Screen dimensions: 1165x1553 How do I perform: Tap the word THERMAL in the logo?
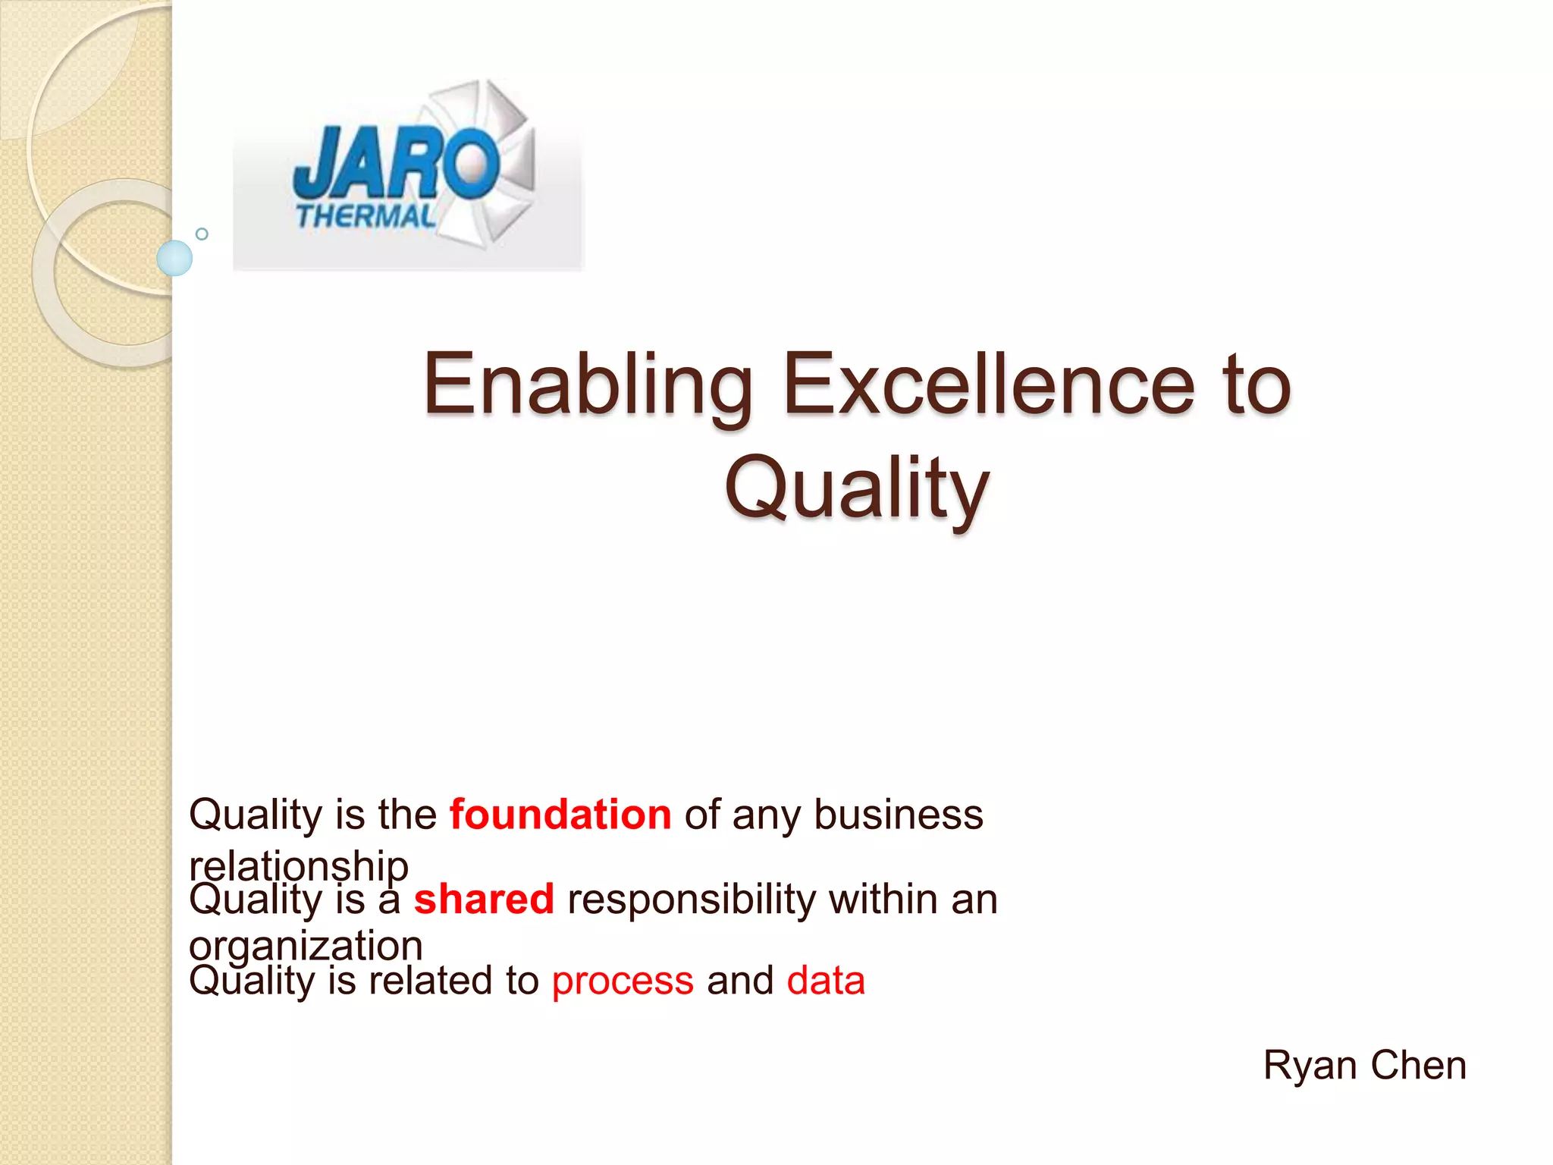point(366,217)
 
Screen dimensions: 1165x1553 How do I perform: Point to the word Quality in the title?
point(857,488)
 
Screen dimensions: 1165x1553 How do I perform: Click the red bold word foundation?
point(560,815)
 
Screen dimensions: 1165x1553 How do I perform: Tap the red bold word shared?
point(484,900)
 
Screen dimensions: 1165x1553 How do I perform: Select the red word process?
point(623,981)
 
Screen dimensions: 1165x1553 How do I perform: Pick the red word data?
point(826,981)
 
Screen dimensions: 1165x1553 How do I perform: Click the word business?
point(899,815)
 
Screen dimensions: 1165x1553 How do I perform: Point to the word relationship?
point(299,865)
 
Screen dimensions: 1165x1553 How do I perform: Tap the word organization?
point(306,946)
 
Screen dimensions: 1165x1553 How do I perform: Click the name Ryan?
point(1310,1066)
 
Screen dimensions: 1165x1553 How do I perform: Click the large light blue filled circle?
point(174,258)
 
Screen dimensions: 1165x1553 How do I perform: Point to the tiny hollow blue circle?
point(202,234)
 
